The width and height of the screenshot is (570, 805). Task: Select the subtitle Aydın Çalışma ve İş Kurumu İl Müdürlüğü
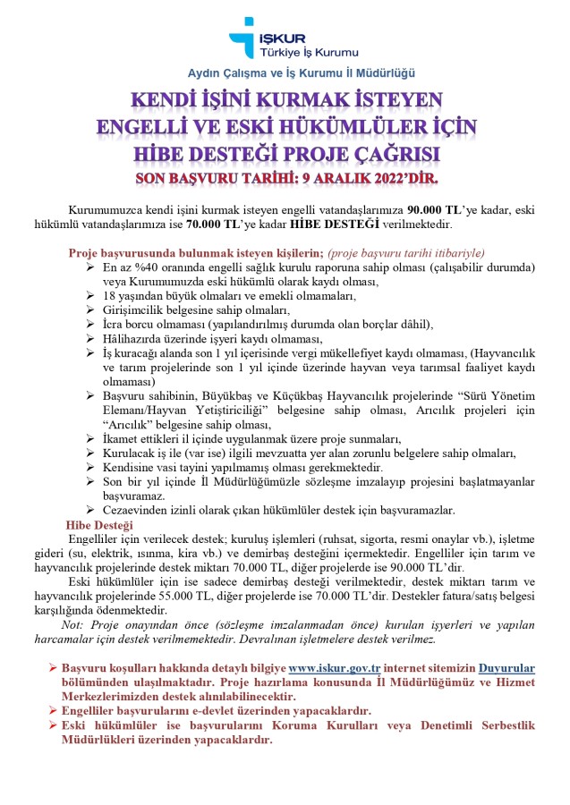tap(301, 72)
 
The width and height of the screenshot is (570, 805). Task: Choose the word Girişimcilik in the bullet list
tap(140, 309)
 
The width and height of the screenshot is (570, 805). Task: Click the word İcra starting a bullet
tap(114, 324)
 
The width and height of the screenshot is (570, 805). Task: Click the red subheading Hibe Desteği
tap(99, 524)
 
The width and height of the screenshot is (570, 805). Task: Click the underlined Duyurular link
tap(506, 667)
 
